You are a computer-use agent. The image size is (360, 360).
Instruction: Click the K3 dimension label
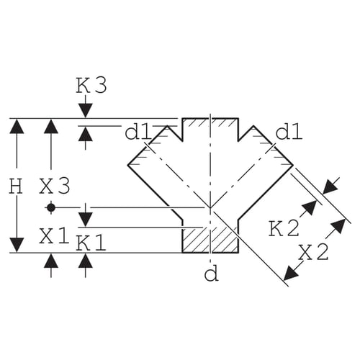click(91, 86)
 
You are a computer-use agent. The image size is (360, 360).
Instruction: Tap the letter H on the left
click(17, 186)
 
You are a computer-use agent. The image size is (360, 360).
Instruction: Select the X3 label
click(55, 186)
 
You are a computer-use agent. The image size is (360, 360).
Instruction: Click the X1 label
click(54, 235)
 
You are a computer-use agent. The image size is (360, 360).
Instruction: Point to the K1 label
click(91, 243)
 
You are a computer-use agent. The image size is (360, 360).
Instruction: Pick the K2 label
click(284, 228)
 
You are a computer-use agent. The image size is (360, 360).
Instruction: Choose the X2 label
click(313, 253)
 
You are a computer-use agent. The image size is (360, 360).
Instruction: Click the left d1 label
click(138, 132)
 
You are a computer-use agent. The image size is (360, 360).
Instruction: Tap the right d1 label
click(289, 132)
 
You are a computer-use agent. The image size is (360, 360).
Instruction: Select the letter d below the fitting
click(211, 274)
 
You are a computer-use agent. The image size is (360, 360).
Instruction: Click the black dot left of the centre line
click(51, 207)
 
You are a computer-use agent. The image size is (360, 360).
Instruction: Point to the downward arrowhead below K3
click(86, 110)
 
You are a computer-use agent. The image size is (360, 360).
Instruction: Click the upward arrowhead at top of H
click(17, 126)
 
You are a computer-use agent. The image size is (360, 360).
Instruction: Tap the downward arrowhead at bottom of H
click(17, 245)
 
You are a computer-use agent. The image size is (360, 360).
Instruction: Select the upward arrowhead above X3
click(51, 126)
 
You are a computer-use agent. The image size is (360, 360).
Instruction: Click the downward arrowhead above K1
click(86, 220)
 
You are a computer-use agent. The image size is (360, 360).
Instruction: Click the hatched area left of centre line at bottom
click(196, 240)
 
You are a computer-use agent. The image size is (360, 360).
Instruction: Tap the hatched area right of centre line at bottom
click(224, 240)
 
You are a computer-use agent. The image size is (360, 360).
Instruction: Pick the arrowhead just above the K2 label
click(310, 207)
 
